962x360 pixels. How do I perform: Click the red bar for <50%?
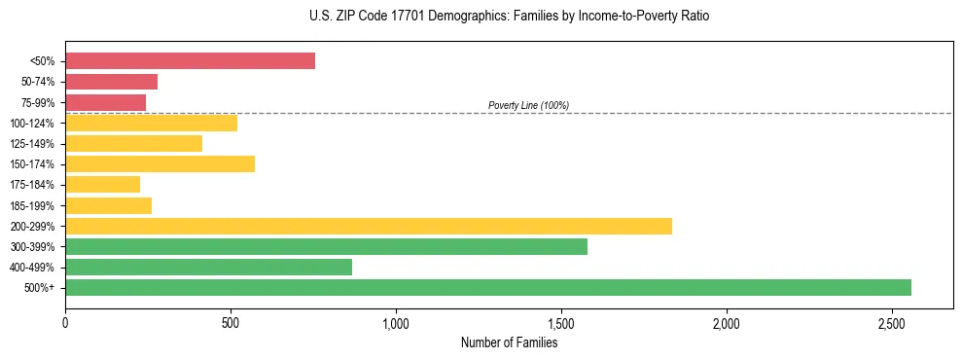tap(190, 61)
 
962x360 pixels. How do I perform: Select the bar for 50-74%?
tap(111, 82)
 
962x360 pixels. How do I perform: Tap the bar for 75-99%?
tap(105, 102)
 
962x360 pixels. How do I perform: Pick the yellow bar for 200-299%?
tap(368, 226)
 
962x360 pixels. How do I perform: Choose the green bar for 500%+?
tap(487, 287)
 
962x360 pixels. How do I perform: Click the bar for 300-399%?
tap(326, 246)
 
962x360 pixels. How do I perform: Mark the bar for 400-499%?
tap(208, 267)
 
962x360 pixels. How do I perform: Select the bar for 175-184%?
tap(102, 184)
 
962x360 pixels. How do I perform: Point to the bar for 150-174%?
tap(160, 163)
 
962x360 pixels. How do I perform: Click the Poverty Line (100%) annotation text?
tap(528, 105)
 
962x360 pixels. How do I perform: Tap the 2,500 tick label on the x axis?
tap(892, 322)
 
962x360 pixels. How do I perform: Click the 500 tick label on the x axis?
tap(231, 322)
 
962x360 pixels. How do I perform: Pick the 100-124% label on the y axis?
tap(32, 124)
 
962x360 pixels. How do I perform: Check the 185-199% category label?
tap(32, 205)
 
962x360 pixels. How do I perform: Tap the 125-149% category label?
tap(32, 144)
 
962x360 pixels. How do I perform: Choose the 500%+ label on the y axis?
tap(40, 288)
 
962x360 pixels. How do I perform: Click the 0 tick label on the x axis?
tap(65, 322)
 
